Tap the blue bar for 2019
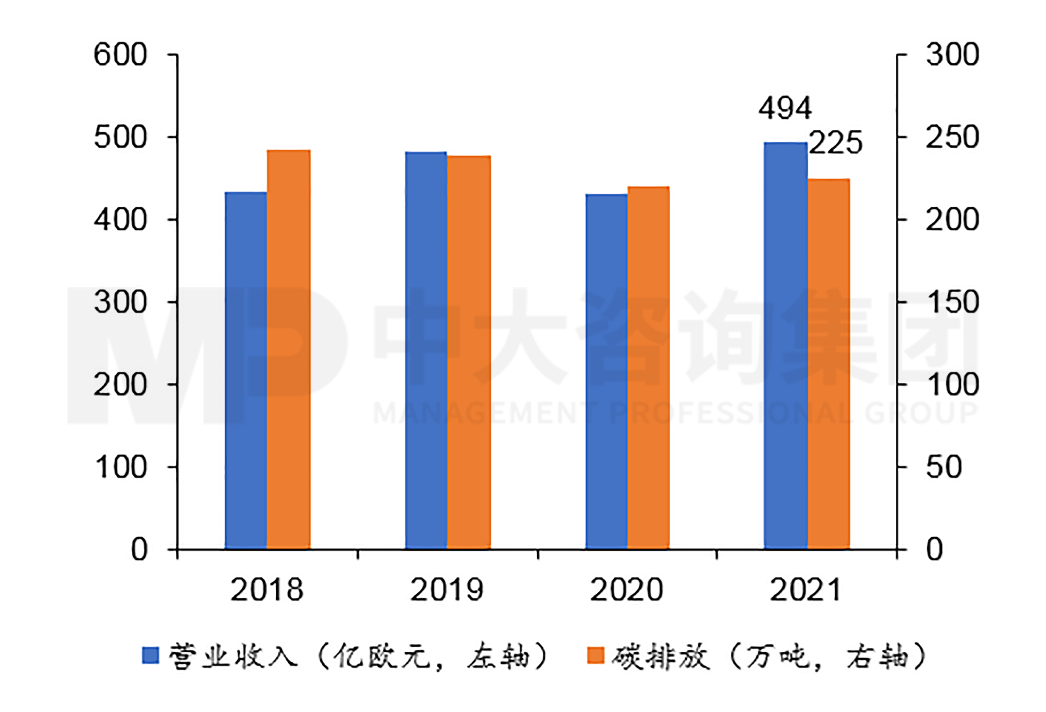click(426, 351)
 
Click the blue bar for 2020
click(606, 371)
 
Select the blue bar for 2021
click(786, 345)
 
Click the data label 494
click(785, 108)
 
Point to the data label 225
click(835, 143)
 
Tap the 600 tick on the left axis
click(120, 55)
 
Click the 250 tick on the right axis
click(952, 138)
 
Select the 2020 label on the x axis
click(626, 590)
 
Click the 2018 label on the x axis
click(267, 590)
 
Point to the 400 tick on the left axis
click(120, 220)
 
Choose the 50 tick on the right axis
click(943, 467)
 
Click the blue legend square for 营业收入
click(151, 656)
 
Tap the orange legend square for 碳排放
click(596, 656)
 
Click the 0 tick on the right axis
click(935, 550)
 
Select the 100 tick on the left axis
click(120, 467)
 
